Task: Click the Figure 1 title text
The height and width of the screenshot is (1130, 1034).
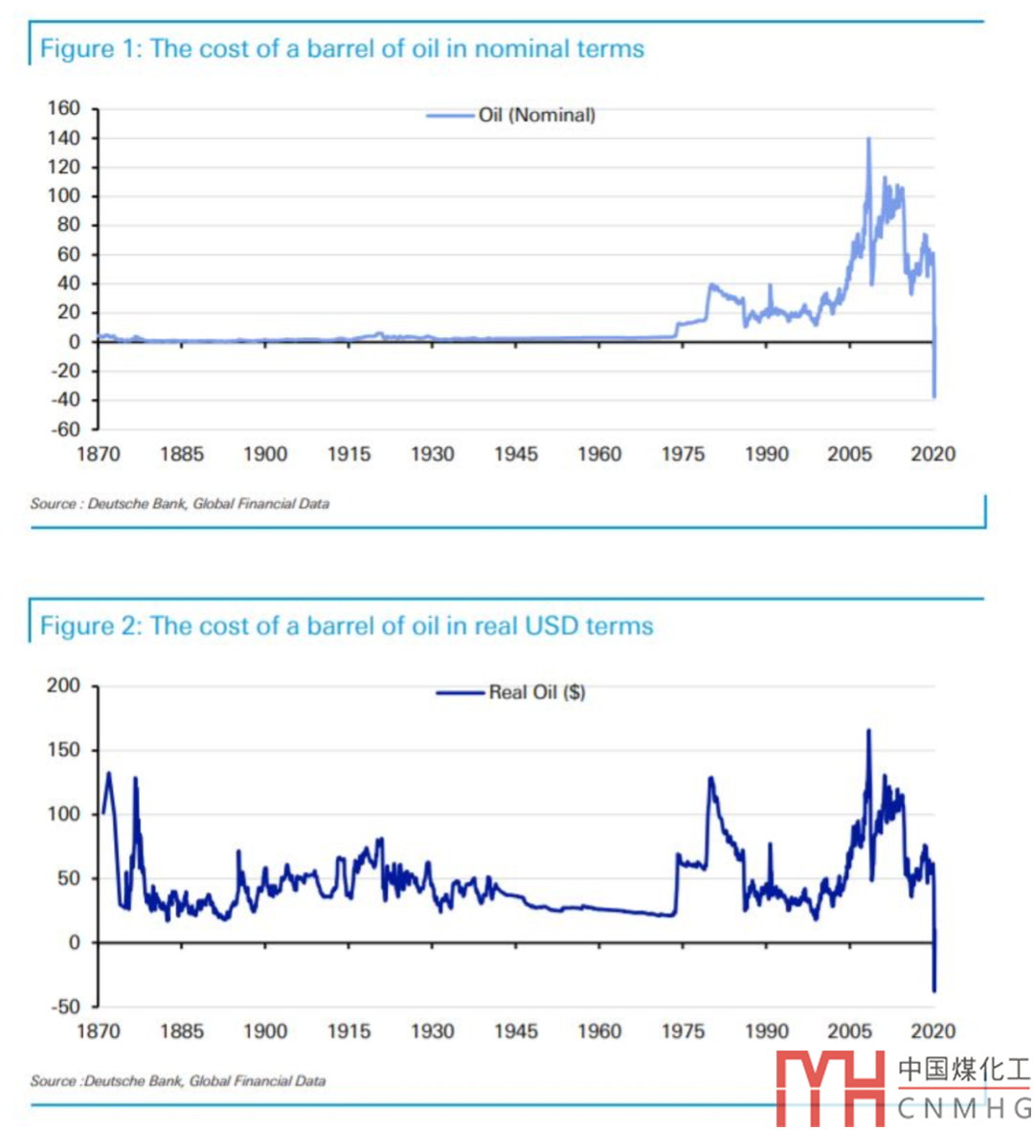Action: click(342, 49)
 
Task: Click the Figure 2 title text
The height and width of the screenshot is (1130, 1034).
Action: click(347, 626)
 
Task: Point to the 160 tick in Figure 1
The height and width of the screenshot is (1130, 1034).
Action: click(64, 108)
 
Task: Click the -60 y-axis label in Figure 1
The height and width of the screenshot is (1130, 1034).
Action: click(64, 429)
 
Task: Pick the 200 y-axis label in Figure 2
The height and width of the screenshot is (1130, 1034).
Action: click(64, 686)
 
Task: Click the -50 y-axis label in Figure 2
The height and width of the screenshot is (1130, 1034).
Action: click(64, 1006)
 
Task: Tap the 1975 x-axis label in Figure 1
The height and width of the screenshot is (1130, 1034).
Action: click(683, 454)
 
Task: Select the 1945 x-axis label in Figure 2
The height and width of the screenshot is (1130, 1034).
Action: click(515, 1031)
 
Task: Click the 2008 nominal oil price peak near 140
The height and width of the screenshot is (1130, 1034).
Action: click(868, 139)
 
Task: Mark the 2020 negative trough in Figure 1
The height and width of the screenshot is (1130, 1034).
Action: click(934, 395)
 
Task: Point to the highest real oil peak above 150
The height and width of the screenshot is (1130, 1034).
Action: click(868, 732)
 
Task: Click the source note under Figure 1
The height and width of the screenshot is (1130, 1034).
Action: click(180, 504)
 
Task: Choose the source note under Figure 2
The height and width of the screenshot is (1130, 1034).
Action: click(178, 1081)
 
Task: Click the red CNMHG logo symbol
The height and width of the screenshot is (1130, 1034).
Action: click(831, 1088)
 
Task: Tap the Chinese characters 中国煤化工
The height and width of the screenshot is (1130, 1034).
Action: click(963, 1070)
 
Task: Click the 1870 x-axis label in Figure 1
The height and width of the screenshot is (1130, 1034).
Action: click(98, 454)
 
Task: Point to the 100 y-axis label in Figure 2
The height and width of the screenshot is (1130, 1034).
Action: click(64, 814)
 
